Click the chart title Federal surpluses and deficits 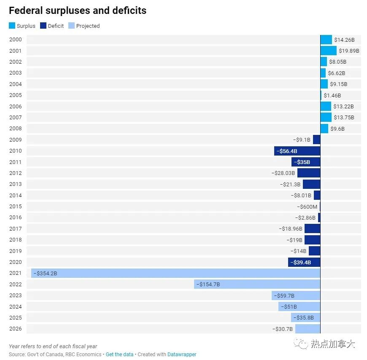[78, 11]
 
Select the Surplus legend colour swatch [12, 25]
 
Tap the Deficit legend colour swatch [43, 25]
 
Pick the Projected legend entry [84, 26]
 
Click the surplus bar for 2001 [329, 51]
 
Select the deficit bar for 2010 [297, 151]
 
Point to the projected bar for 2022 [257, 284]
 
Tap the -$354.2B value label [46, 273]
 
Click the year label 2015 [16, 206]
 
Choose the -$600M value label [307, 207]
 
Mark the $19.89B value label [349, 51]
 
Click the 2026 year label [16, 329]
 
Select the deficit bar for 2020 [304, 262]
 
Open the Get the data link [120, 355]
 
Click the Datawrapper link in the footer [182, 355]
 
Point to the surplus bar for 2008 [324, 129]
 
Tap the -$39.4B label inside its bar [301, 263]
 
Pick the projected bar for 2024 [300, 306]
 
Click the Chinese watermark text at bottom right [333, 344]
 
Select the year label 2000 [16, 40]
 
